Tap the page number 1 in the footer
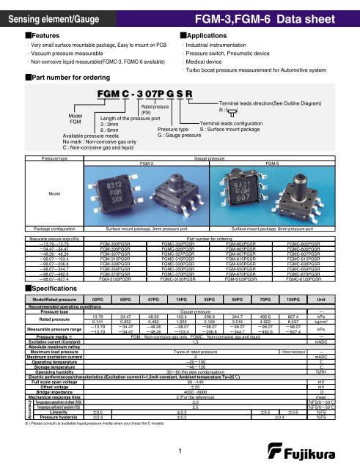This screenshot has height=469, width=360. [x=180, y=453]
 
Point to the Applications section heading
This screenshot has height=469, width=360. [x=204, y=34]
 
